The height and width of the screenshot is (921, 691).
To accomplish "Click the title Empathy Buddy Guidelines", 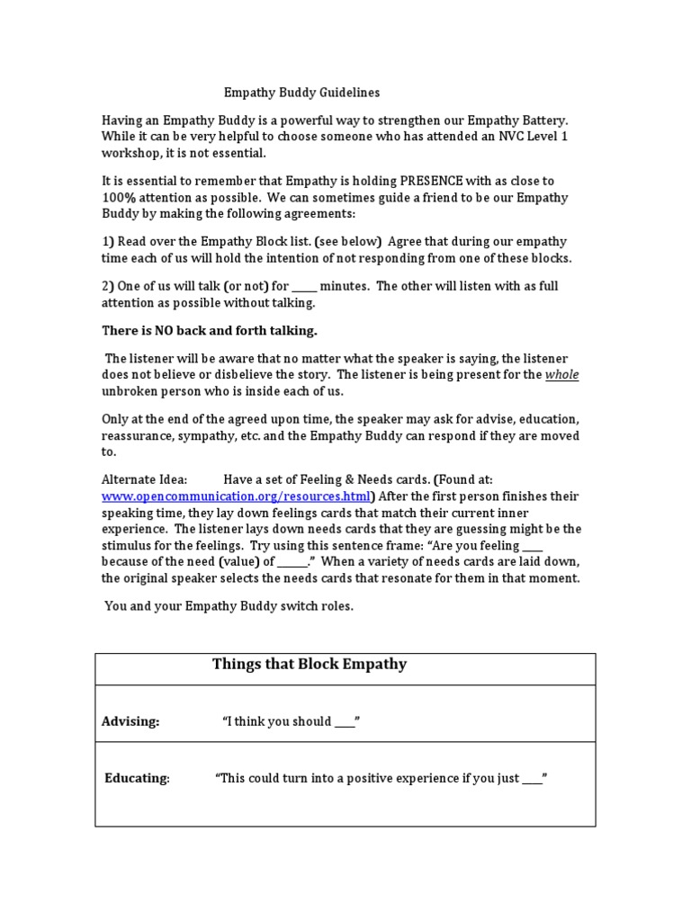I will (301, 93).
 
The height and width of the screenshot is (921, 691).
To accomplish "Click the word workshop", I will (130, 152).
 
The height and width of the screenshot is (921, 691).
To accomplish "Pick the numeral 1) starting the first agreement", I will (107, 242).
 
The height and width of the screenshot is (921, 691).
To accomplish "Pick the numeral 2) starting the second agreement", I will (107, 286).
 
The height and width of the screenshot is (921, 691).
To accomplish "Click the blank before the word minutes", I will (304, 286).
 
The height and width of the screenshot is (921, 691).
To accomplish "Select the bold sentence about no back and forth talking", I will (209, 330).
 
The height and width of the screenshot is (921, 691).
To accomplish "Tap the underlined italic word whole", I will (562, 375).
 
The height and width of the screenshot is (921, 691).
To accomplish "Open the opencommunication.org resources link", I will (236, 496).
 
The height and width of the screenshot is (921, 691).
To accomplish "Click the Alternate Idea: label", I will (144, 480).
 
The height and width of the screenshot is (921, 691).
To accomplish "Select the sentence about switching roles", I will (229, 606).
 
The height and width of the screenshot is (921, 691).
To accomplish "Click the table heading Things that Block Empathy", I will (310, 665).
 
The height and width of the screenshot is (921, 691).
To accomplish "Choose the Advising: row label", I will (130, 721).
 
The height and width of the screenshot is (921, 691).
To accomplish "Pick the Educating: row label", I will (137, 779).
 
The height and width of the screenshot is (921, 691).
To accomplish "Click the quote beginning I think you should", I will (291, 721).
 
